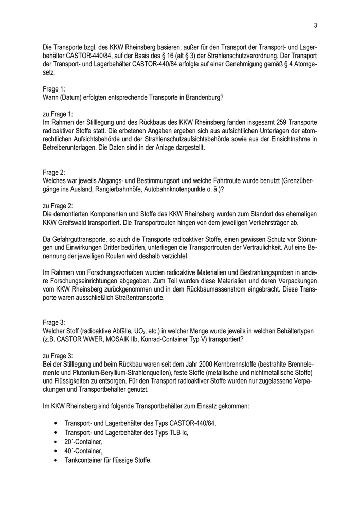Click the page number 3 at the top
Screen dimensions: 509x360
click(x=315, y=25)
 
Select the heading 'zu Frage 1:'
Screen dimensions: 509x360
click(x=58, y=113)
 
